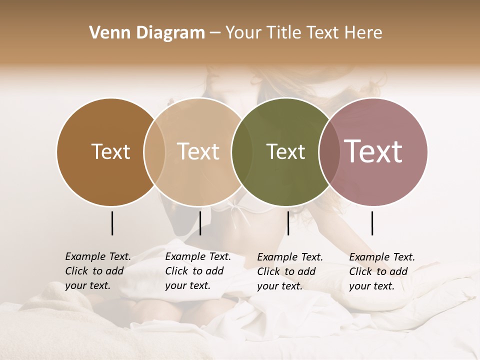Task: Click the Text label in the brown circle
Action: point(110,152)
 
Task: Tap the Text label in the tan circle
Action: point(198,152)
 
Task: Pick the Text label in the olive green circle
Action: point(285,152)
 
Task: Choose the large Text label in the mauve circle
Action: point(373,152)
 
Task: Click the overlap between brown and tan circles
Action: point(154,152)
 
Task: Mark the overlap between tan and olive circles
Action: point(242,152)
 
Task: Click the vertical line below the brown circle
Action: point(112,223)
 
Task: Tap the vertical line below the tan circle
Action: point(200,223)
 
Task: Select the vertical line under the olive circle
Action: point(288,223)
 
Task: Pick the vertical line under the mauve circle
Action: point(372,223)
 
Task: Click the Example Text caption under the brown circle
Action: point(98,256)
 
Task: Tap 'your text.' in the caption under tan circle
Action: point(187,286)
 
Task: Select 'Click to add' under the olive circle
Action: point(286,271)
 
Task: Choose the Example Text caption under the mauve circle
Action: point(382,257)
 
